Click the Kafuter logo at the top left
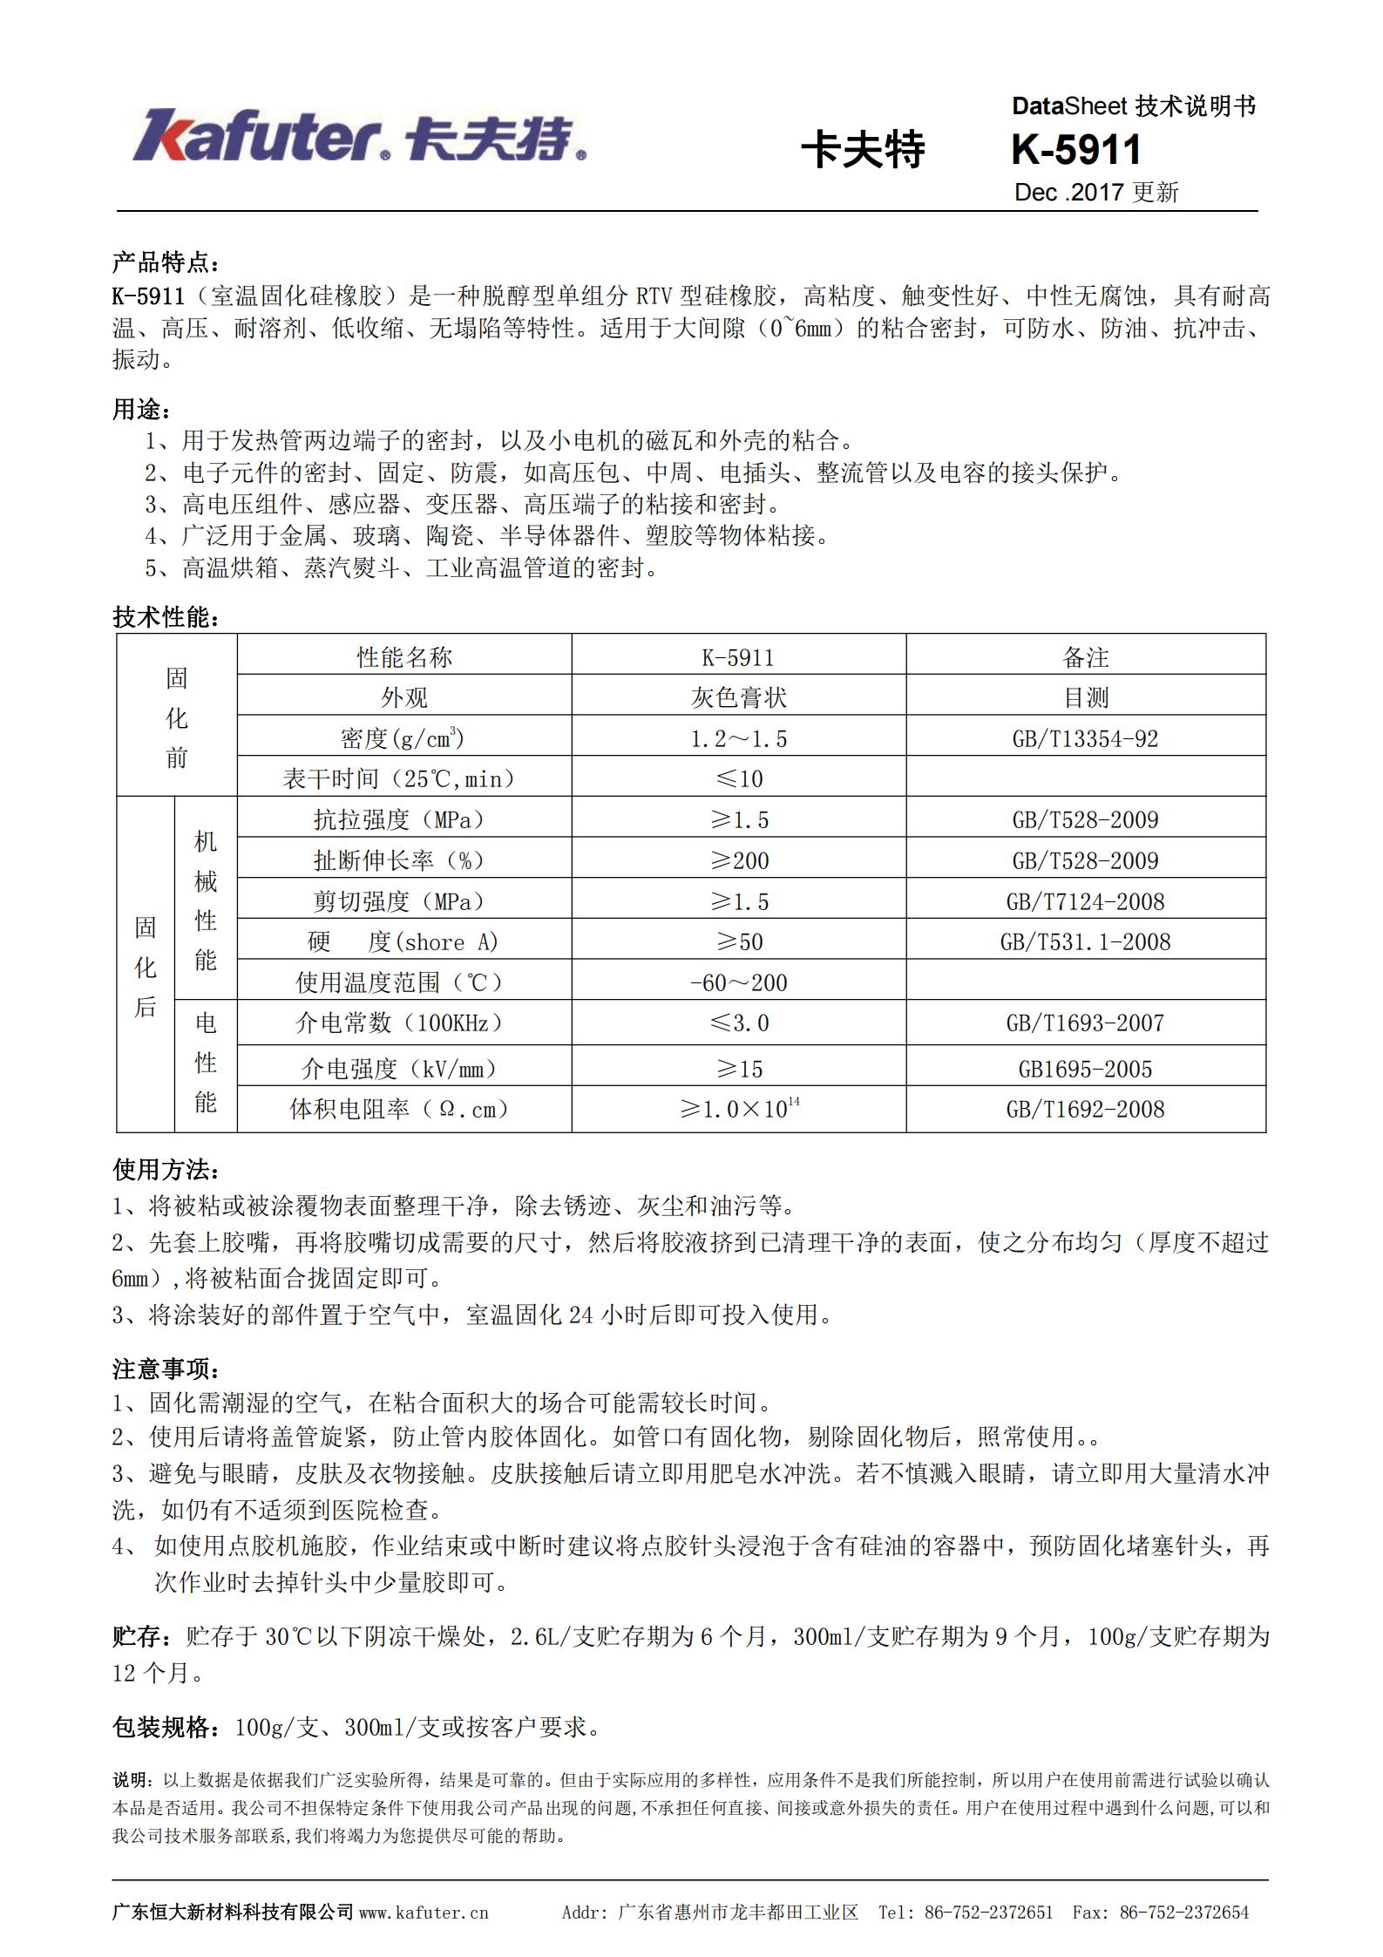(x=358, y=135)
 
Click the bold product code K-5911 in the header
(x=1075, y=150)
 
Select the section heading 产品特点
(x=166, y=262)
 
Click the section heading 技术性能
(x=166, y=618)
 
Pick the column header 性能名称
(x=404, y=657)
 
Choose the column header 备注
(x=1085, y=657)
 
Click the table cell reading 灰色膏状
(x=738, y=697)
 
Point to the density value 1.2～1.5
(x=738, y=739)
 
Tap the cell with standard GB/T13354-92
(x=1085, y=739)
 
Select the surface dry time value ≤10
(x=738, y=778)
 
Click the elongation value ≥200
(x=738, y=860)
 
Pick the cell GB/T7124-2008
(x=1085, y=901)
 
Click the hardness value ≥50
(x=738, y=941)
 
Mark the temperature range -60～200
(x=738, y=982)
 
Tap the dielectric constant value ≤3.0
(x=738, y=1023)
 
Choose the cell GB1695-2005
(x=1085, y=1069)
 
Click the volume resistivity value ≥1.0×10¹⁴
(x=738, y=1109)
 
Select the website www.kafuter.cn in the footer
(x=424, y=1913)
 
